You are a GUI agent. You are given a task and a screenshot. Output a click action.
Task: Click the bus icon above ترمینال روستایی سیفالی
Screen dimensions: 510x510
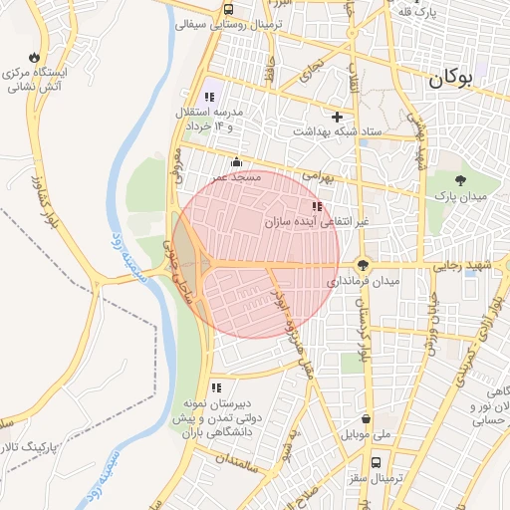229,9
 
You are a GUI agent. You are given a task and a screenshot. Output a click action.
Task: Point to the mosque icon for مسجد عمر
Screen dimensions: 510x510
236,162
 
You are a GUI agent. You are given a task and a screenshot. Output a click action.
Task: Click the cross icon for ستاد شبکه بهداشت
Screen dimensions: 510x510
337,117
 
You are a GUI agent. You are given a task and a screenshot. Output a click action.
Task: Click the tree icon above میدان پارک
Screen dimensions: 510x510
460,180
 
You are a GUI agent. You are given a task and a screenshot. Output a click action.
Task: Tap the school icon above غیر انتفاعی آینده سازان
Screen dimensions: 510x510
317,206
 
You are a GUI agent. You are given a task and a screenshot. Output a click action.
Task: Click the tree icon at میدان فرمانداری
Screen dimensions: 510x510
363,265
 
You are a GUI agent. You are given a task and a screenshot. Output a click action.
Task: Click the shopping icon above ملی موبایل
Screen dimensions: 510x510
369,419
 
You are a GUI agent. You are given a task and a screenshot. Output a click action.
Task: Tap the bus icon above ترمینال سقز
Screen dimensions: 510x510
377,462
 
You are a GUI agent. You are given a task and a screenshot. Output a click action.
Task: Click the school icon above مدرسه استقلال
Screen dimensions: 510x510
209,97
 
